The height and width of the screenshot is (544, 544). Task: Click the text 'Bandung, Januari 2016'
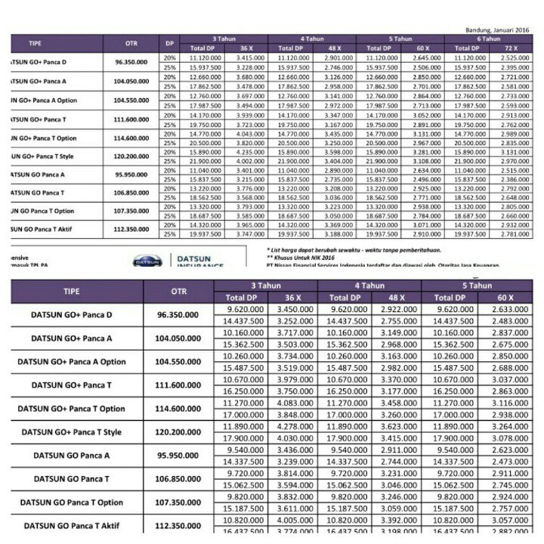pos(496,29)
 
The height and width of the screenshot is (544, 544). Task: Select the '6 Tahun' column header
pos(489,38)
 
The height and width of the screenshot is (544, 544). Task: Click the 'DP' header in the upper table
pos(169,43)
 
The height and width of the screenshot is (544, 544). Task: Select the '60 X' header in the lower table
pos(505,298)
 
